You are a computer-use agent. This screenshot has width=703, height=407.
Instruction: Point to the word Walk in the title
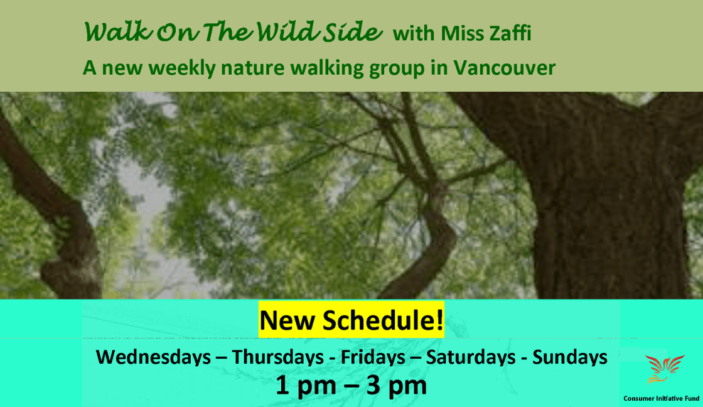113,33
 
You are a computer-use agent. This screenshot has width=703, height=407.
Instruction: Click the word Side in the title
355,33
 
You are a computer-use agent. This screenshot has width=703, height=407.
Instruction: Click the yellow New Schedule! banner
351,320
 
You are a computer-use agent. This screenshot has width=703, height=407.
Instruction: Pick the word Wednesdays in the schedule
153,357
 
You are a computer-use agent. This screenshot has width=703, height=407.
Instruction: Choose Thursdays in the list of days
278,357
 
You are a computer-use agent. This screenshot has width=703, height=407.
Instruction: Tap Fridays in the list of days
373,357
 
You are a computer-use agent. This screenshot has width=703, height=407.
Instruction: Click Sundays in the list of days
569,357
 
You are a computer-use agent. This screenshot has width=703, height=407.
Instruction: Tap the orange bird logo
663,369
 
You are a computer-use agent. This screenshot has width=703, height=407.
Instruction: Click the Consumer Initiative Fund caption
661,398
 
